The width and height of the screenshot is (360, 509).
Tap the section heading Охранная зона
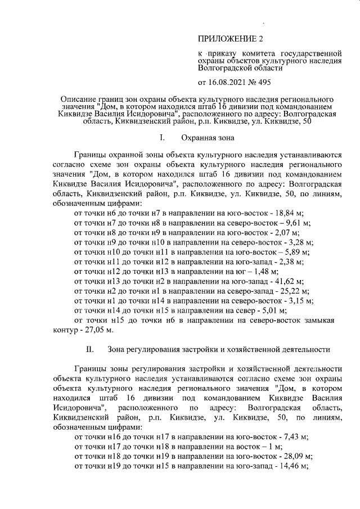click(208, 137)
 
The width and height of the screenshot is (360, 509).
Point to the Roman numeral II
click(90, 349)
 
